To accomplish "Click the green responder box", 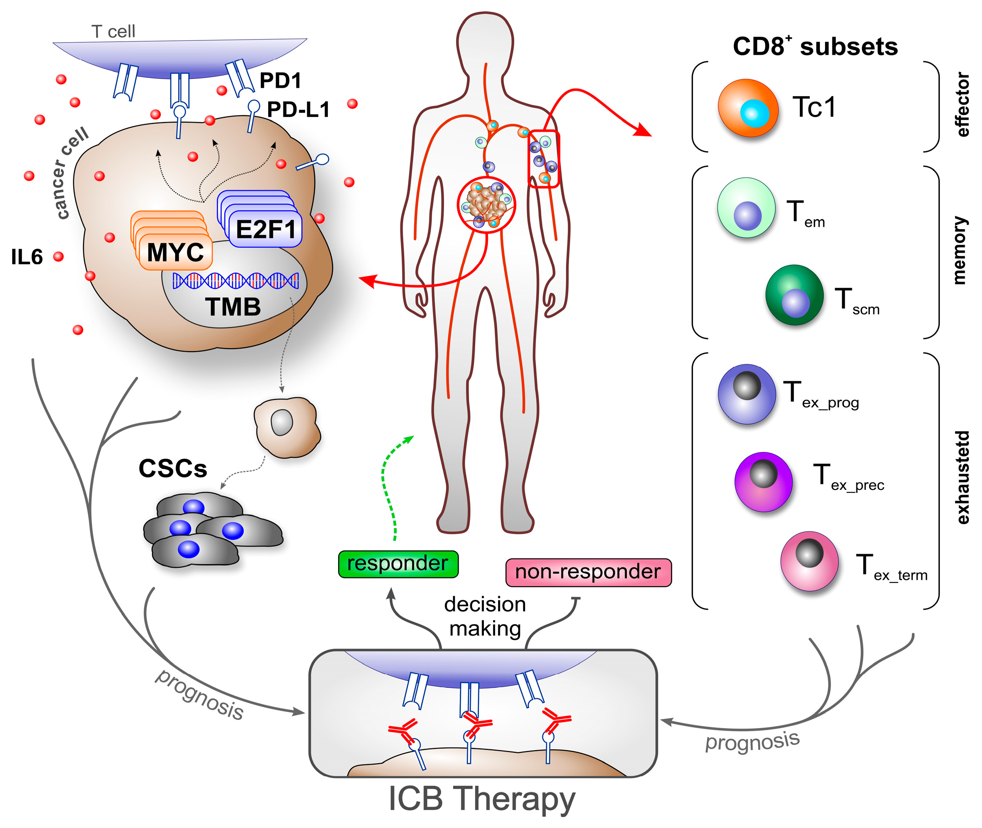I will point(398,564).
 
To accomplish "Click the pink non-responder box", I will point(588,572).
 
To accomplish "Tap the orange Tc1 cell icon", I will point(748,108).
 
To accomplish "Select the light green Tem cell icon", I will point(746,207).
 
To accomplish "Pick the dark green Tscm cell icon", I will point(794,295).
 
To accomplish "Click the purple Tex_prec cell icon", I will point(763,482).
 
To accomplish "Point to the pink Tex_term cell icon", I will point(809,561).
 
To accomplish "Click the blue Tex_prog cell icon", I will point(746,394).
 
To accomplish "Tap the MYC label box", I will point(175,253).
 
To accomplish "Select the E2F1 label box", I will point(265,229).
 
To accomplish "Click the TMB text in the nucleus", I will point(233,307).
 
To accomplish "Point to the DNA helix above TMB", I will point(235,281).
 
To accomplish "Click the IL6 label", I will point(27,257).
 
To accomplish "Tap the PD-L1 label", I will point(298,110).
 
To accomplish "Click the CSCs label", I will point(173,469).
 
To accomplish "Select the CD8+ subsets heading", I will point(815,47).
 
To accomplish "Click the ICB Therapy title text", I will point(482,799).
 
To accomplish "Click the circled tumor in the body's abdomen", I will point(486,205).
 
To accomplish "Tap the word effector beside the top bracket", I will point(962,104).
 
